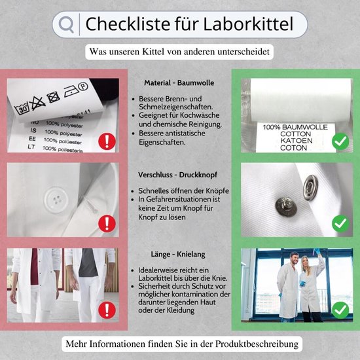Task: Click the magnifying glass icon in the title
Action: click(x=66, y=24)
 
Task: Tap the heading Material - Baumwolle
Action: click(x=179, y=83)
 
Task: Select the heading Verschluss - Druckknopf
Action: click(x=179, y=175)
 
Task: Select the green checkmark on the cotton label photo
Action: click(x=339, y=141)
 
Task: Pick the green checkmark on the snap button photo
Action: click(x=339, y=224)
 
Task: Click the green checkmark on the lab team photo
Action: click(x=339, y=308)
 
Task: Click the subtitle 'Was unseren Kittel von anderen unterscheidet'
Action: click(x=179, y=51)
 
